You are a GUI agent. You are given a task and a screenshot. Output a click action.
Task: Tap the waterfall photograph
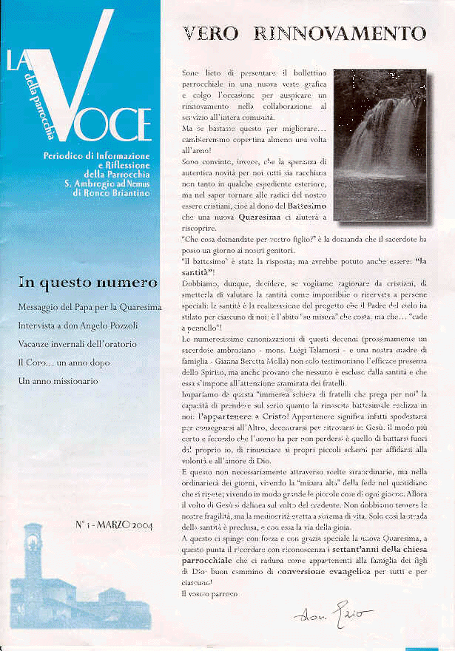click(380, 145)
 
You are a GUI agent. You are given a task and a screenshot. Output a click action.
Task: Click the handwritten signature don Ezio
click(332, 615)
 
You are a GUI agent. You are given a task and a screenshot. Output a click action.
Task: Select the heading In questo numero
click(87, 282)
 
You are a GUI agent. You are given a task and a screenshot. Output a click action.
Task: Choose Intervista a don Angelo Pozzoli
click(79, 325)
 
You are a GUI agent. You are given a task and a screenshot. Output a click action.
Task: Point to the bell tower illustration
click(33, 570)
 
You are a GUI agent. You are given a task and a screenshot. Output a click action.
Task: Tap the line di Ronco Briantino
click(112, 193)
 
